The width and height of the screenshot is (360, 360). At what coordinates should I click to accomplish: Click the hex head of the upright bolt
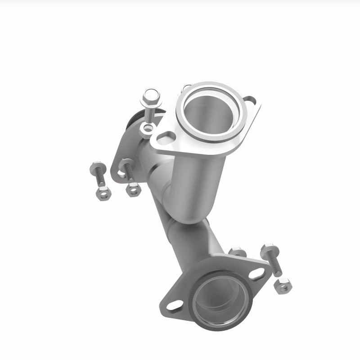click(151, 96)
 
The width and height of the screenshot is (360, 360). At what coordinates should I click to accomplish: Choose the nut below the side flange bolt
click(133, 189)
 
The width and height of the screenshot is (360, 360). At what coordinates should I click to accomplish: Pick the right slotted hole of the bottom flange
click(256, 274)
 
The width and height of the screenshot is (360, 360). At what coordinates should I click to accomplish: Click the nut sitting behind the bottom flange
click(237, 252)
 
